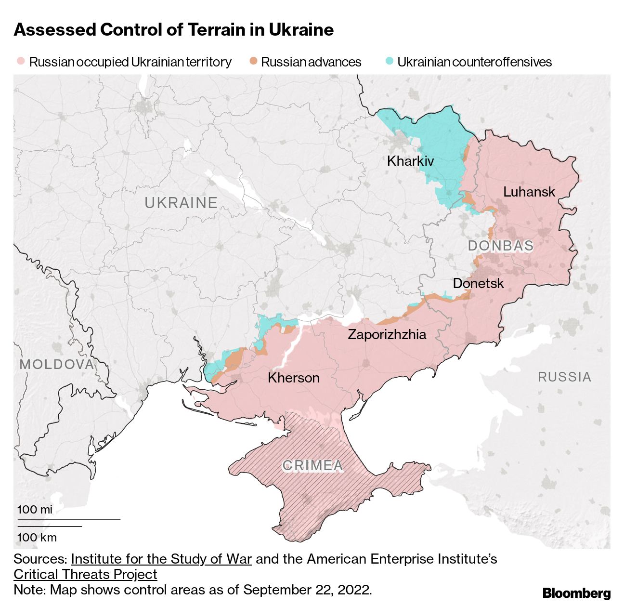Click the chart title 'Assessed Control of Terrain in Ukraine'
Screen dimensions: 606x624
click(x=173, y=30)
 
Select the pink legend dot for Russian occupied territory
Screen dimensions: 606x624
click(x=21, y=62)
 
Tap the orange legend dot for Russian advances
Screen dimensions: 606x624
click(x=253, y=62)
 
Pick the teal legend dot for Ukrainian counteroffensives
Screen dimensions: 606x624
click(x=390, y=62)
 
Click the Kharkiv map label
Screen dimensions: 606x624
click(x=410, y=161)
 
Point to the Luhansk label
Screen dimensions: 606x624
click(x=529, y=192)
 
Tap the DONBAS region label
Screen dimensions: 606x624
click(x=500, y=246)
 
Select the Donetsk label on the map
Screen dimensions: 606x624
click(x=478, y=283)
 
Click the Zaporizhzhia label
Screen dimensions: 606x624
click(x=387, y=334)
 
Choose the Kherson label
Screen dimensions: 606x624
click(x=293, y=378)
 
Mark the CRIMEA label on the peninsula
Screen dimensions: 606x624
click(x=312, y=465)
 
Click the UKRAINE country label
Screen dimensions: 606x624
click(x=181, y=203)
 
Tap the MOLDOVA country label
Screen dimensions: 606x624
click(x=57, y=364)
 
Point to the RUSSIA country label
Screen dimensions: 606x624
click(x=564, y=377)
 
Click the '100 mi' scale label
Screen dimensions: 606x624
click(x=35, y=510)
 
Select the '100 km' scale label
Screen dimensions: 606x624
click(x=37, y=538)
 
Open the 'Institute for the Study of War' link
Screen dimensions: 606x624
click(x=161, y=559)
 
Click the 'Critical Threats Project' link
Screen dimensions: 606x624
click(x=85, y=574)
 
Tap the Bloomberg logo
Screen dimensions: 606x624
click(x=576, y=593)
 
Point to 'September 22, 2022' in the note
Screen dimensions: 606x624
click(x=307, y=590)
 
